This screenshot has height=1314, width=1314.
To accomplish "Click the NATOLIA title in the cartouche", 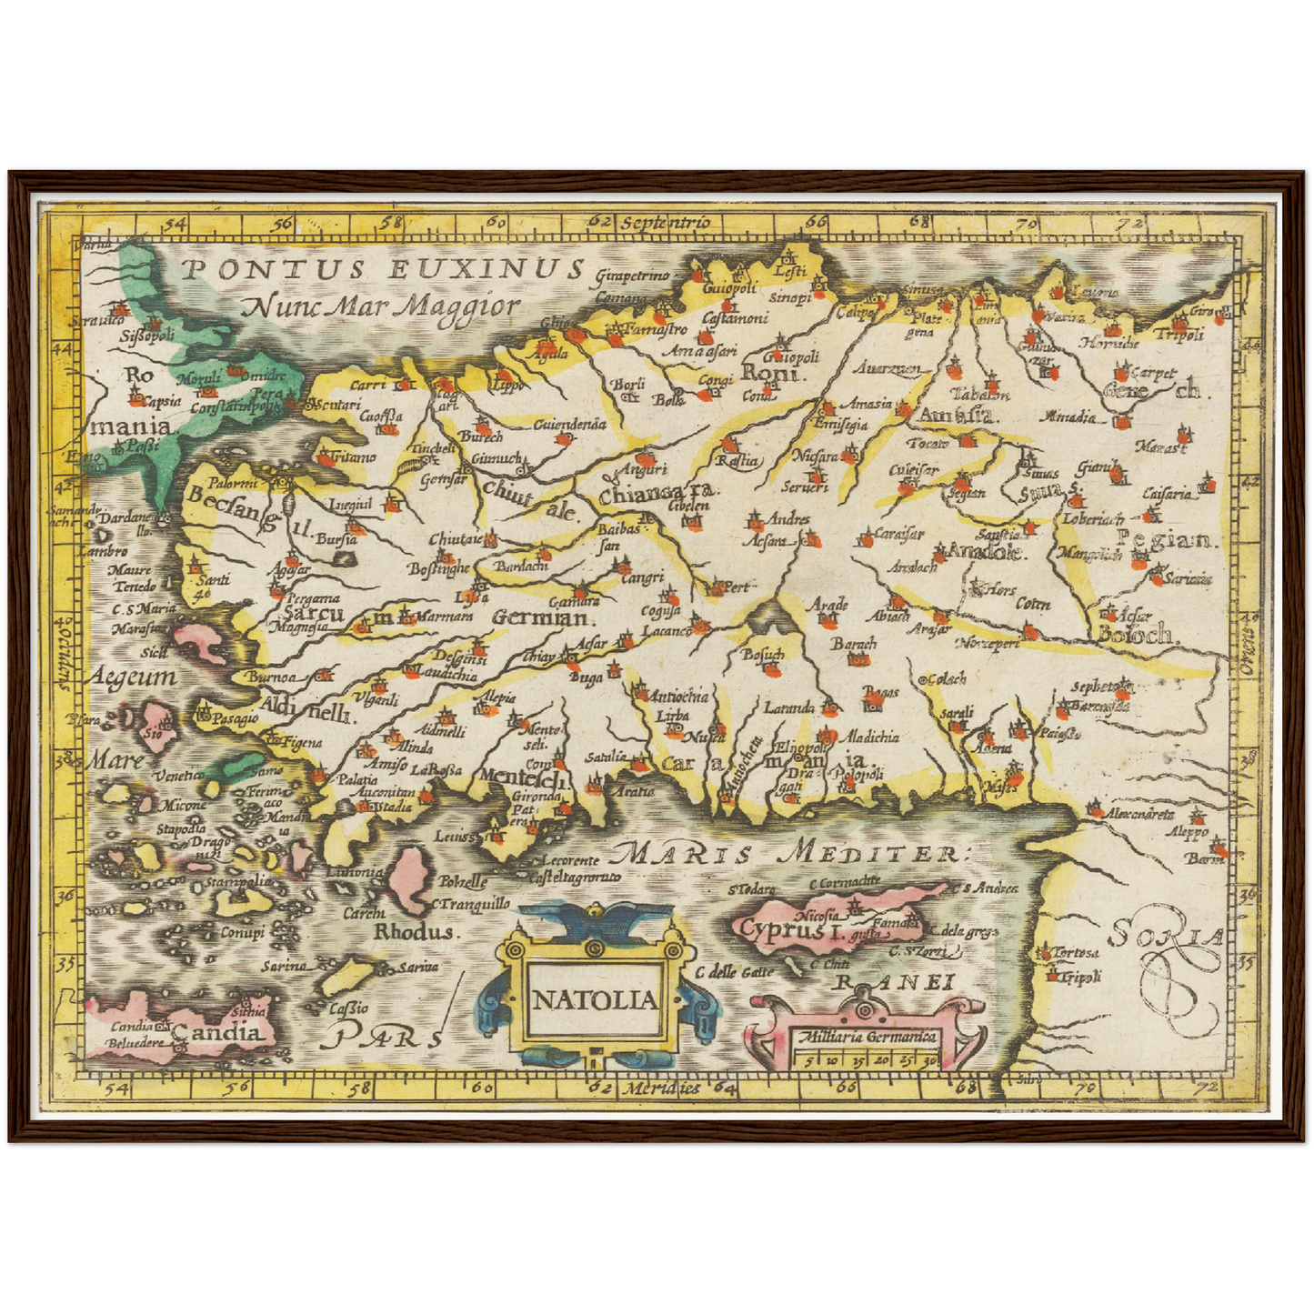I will coord(594,1000).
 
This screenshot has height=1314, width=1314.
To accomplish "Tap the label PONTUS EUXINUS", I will coord(382,269).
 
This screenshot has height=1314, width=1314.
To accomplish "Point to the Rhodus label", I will coord(414,932).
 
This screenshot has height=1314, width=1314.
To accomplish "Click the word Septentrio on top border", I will coord(663,221).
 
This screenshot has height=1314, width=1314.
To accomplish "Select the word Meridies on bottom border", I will coord(662,1088).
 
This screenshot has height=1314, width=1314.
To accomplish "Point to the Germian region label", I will coord(541,617).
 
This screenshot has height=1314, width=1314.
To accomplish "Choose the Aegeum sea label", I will coord(134,677).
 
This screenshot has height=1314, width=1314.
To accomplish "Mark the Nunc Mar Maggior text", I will coord(383,306).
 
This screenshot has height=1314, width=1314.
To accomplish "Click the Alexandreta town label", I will coord(1140,814).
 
